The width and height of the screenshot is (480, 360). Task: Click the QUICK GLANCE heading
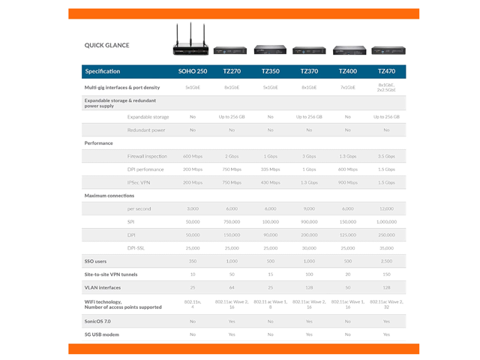click(x=106, y=45)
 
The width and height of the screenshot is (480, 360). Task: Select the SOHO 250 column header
click(x=193, y=71)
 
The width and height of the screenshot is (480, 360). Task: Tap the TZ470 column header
click(x=386, y=71)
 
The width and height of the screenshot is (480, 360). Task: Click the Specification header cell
click(x=103, y=71)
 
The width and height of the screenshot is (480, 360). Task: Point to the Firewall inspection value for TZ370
click(x=309, y=156)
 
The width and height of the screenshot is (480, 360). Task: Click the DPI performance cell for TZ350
click(x=270, y=169)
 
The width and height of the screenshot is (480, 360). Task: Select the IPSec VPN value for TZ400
click(x=347, y=182)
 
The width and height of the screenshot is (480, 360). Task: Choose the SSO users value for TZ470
click(x=386, y=261)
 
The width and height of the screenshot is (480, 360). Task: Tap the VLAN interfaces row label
click(x=103, y=288)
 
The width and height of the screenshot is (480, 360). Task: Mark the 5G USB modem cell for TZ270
click(x=231, y=334)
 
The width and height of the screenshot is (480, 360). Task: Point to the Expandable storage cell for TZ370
click(x=309, y=117)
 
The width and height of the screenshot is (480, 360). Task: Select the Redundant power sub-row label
click(x=146, y=130)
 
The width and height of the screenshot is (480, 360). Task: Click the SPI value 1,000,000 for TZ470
click(x=386, y=222)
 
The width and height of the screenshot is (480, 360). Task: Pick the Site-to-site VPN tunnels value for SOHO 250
click(x=193, y=274)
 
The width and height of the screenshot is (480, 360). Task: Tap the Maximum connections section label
click(x=109, y=196)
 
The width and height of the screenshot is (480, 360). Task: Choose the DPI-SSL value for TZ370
click(x=309, y=247)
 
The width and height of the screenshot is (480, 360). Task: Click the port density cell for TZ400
click(x=347, y=88)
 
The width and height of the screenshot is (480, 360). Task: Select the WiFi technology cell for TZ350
click(x=270, y=304)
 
